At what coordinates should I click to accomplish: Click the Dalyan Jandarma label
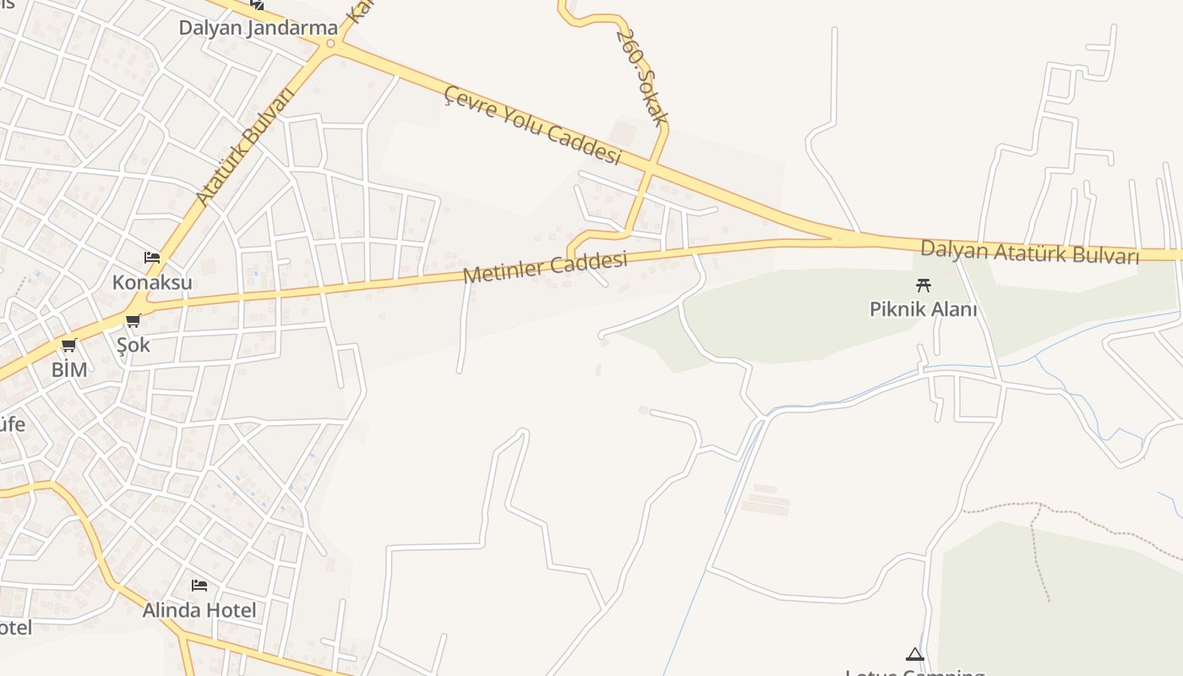click(258, 28)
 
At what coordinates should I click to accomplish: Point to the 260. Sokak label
click(642, 77)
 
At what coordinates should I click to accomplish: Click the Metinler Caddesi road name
click(545, 268)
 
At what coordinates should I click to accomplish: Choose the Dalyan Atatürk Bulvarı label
click(1029, 252)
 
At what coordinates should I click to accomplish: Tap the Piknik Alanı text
click(923, 309)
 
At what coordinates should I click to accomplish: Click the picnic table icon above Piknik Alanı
click(923, 286)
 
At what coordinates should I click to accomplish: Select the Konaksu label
click(152, 282)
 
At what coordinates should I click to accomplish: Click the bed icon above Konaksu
click(152, 258)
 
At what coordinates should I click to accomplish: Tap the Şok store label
click(134, 345)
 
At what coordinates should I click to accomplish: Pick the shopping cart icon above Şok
click(133, 321)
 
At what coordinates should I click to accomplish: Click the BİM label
click(69, 369)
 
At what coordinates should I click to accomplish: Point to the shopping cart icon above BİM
click(69, 345)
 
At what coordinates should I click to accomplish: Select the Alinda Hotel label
click(199, 609)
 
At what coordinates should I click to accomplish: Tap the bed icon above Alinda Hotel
click(199, 585)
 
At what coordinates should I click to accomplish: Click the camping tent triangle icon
click(914, 654)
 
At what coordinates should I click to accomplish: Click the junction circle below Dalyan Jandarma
click(330, 44)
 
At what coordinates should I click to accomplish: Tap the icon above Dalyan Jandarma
click(257, 4)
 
